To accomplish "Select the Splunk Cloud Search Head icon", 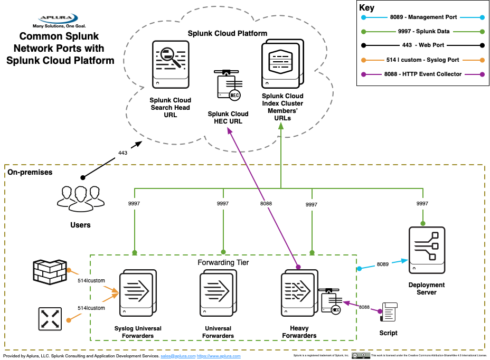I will pyautogui.click(x=170, y=65).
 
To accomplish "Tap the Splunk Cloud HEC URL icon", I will pyautogui.click(x=228, y=86).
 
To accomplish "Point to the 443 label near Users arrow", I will pyautogui.click(x=123, y=153).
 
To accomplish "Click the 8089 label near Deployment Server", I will pyautogui.click(x=383, y=264).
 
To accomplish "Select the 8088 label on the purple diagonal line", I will pyautogui.click(x=267, y=203).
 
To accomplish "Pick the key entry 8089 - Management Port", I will pyautogui.click(x=423, y=17).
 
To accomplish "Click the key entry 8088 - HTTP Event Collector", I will pyautogui.click(x=423, y=74).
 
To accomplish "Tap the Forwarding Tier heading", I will pyautogui.click(x=223, y=262).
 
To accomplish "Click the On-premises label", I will pyautogui.click(x=30, y=173).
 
